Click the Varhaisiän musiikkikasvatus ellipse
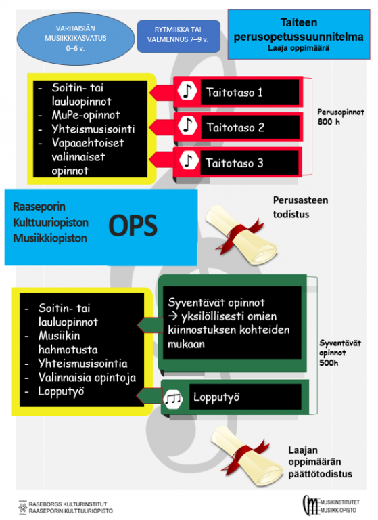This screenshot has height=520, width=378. pos(76,39)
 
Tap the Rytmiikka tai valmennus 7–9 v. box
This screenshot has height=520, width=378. pos(179,36)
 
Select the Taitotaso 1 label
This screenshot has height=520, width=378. pos(234,92)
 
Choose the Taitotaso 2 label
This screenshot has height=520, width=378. pos(235,127)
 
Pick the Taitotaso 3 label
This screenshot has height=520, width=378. pos(234,162)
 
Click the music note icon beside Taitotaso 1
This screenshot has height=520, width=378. pos(187,91)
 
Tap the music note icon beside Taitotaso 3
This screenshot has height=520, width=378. pos(189,160)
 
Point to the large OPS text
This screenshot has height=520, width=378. pos(133,226)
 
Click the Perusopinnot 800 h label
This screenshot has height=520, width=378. pos(340,116)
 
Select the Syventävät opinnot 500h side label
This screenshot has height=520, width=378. pos(340,353)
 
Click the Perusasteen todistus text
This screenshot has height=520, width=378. pos(300,207)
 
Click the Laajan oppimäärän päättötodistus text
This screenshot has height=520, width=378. pos(320,462)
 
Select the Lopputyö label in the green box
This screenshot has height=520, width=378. pos(216,397)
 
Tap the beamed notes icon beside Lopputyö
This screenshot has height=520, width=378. pos(173,397)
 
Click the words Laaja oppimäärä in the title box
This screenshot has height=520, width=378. pos(298,49)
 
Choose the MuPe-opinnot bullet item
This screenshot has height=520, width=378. pos(86,115)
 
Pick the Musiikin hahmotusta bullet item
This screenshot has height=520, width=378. pos(68,343)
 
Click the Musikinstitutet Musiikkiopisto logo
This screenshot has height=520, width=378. pos(331,505)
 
